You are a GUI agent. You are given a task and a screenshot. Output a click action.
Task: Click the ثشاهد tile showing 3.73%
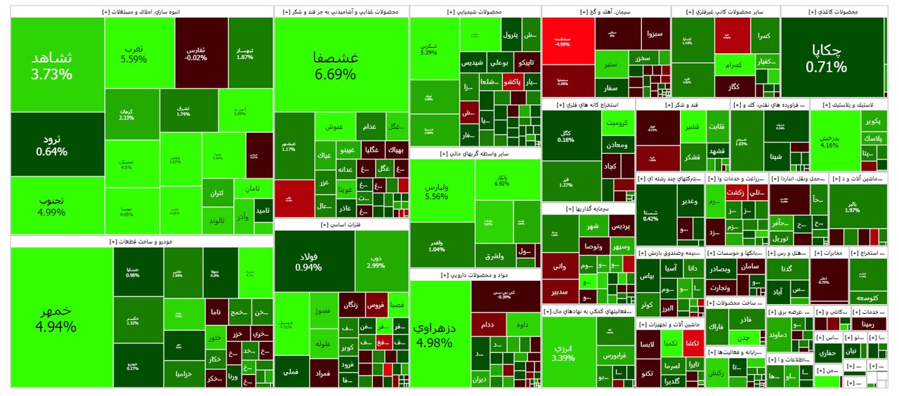point(57,65)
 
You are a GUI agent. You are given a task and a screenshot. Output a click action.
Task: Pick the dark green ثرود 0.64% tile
point(52,145)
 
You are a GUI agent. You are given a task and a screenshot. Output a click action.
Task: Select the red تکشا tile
point(691,342)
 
